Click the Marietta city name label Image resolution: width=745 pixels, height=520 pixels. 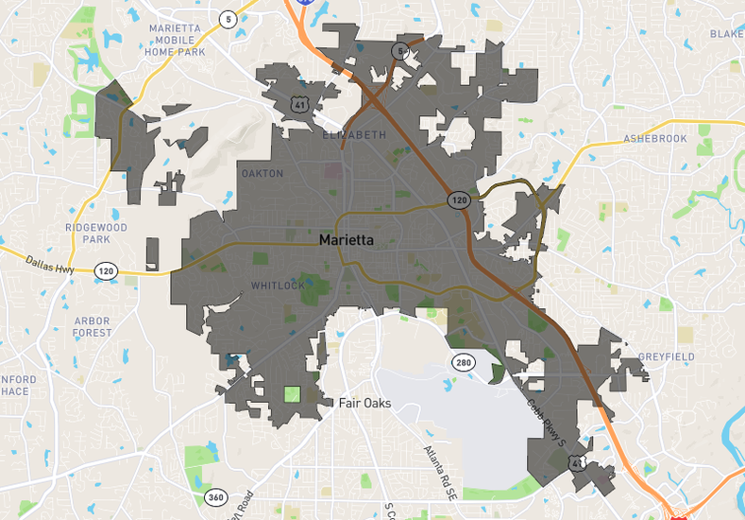pyautogui.click(x=346, y=240)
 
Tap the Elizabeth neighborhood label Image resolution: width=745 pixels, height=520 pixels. pyautogui.click(x=354, y=135)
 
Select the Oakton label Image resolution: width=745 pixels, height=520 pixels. pyautogui.click(x=262, y=173)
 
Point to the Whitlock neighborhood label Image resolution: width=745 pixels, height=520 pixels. pyautogui.click(x=278, y=286)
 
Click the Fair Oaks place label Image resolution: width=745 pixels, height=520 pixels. pyautogui.click(x=364, y=404)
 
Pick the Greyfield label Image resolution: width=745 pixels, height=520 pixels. pyautogui.click(x=666, y=356)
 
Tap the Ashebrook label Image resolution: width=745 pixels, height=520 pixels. pyautogui.click(x=655, y=139)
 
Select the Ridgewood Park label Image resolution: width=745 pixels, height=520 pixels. pyautogui.click(x=96, y=234)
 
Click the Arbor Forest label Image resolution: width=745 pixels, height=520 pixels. pyautogui.click(x=93, y=326)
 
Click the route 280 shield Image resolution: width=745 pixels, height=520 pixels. pyautogui.click(x=462, y=362)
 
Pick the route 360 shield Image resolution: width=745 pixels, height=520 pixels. pyautogui.click(x=214, y=497)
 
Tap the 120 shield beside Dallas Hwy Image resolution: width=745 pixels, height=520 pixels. pyautogui.click(x=106, y=271)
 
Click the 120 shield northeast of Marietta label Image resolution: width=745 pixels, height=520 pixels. pyautogui.click(x=458, y=200)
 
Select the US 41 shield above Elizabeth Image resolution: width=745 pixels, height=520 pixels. pyautogui.click(x=299, y=103)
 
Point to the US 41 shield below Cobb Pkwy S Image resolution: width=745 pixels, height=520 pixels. pyautogui.click(x=577, y=462)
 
